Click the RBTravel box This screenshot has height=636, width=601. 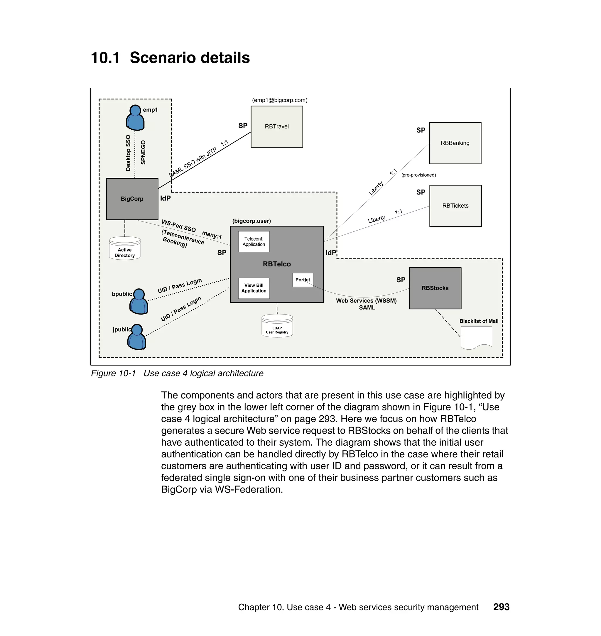(x=276, y=126)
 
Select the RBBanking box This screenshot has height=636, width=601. (x=455, y=143)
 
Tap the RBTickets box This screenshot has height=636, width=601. (x=455, y=206)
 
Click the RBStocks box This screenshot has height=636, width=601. (x=435, y=288)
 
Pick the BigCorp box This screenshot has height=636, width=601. (x=132, y=199)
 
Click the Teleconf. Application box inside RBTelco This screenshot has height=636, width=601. (x=254, y=241)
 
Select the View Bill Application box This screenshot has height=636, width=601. (x=254, y=288)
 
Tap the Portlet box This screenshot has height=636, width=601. (x=303, y=280)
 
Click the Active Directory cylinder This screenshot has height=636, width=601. (x=125, y=248)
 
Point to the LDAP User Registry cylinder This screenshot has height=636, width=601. (x=277, y=326)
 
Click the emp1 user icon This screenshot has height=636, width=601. (x=135, y=118)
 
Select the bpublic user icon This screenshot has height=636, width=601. (x=139, y=301)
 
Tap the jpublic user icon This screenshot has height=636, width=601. (x=137, y=336)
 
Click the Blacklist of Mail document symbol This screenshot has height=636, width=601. (x=476, y=337)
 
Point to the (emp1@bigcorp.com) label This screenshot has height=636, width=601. (x=279, y=100)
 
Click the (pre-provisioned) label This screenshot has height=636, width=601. (x=418, y=175)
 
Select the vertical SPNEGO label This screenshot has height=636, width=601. (x=143, y=153)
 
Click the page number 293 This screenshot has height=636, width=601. (x=501, y=607)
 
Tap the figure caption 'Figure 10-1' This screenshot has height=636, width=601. (x=113, y=373)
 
